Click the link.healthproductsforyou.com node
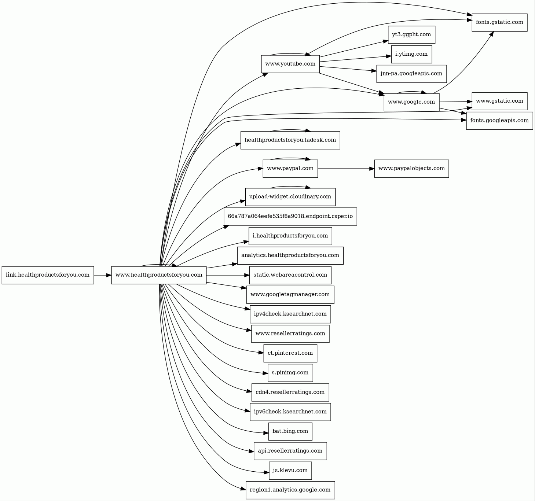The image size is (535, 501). coord(48,275)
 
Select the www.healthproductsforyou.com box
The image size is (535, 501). coord(159,275)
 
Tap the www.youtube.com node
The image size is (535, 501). coord(290,64)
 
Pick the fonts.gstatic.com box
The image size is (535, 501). coord(499,22)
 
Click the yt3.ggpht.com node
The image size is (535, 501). coord(411,35)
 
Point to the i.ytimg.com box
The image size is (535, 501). coord(411,54)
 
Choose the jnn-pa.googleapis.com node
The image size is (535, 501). coord(411,74)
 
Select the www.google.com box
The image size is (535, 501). coord(411,102)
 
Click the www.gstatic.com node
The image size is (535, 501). coord(499,101)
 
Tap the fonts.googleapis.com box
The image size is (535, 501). coord(499,121)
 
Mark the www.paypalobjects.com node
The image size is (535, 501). coord(411,169)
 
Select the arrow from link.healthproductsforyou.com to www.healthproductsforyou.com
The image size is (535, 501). coord(103,275)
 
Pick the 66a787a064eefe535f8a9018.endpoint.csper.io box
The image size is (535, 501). coord(290,216)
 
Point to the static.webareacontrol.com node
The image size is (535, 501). coord(290,275)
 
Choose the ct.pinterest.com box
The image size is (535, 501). coord(290,353)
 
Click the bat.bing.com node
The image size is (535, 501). coord(290,431)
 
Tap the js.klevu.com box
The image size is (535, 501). coord(290,471)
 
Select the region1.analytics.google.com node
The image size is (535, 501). coord(290,490)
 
